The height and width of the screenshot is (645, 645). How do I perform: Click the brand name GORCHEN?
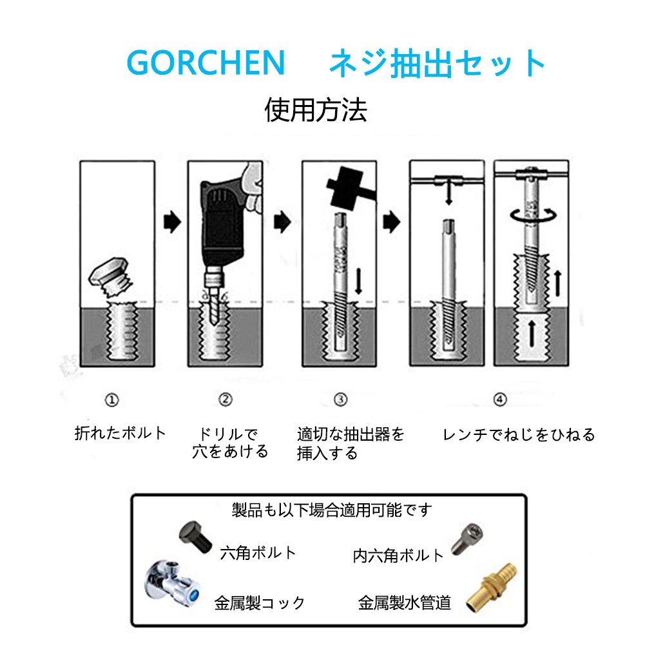tap(206, 62)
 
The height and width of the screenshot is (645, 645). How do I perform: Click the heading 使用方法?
tap(316, 110)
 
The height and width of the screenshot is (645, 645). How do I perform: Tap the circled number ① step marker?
tap(112, 400)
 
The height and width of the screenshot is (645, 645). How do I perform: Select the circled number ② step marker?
tap(226, 400)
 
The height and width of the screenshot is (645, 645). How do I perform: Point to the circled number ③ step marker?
tap(341, 400)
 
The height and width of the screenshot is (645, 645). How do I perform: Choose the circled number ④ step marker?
tap(500, 400)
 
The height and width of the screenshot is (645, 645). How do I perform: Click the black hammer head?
tap(346, 188)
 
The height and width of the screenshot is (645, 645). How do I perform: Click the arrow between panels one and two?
tap(172, 222)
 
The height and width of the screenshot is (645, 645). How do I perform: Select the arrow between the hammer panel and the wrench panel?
tap(392, 222)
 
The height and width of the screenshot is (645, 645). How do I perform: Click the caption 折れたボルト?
tap(120, 433)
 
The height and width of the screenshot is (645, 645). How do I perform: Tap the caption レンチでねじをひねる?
tap(519, 434)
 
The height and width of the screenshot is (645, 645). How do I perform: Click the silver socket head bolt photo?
tap(467, 539)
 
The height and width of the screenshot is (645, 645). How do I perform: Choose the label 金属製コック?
tap(260, 603)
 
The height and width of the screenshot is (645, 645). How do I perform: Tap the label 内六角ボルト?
tap(398, 555)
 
